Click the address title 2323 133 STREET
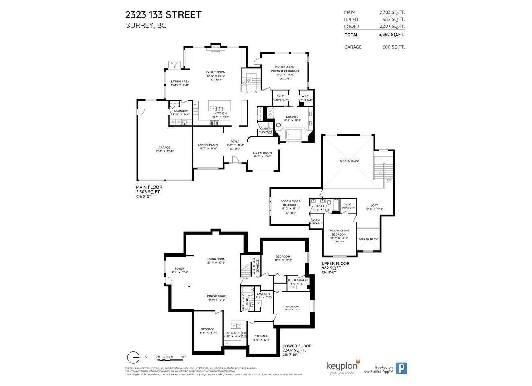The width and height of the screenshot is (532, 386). [163, 15]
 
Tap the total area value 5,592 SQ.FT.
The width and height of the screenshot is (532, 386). [391, 35]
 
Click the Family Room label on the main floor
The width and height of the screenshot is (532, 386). [216, 72]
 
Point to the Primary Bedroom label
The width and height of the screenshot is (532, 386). [284, 71]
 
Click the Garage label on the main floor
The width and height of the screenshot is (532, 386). [164, 148]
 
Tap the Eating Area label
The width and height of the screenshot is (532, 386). [180, 82]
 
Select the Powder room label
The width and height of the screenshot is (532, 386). [264, 129]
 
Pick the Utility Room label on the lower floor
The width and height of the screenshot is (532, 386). [298, 280]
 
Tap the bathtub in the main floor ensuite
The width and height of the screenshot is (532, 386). [295, 135]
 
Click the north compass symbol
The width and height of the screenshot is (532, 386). [133, 357]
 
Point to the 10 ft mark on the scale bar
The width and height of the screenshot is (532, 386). [184, 357]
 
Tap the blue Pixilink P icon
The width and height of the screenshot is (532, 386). [401, 368]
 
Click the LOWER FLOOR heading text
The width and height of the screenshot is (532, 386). [297, 346]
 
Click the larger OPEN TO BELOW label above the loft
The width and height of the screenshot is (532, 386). [349, 161]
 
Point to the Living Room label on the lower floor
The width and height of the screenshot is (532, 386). [216, 259]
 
